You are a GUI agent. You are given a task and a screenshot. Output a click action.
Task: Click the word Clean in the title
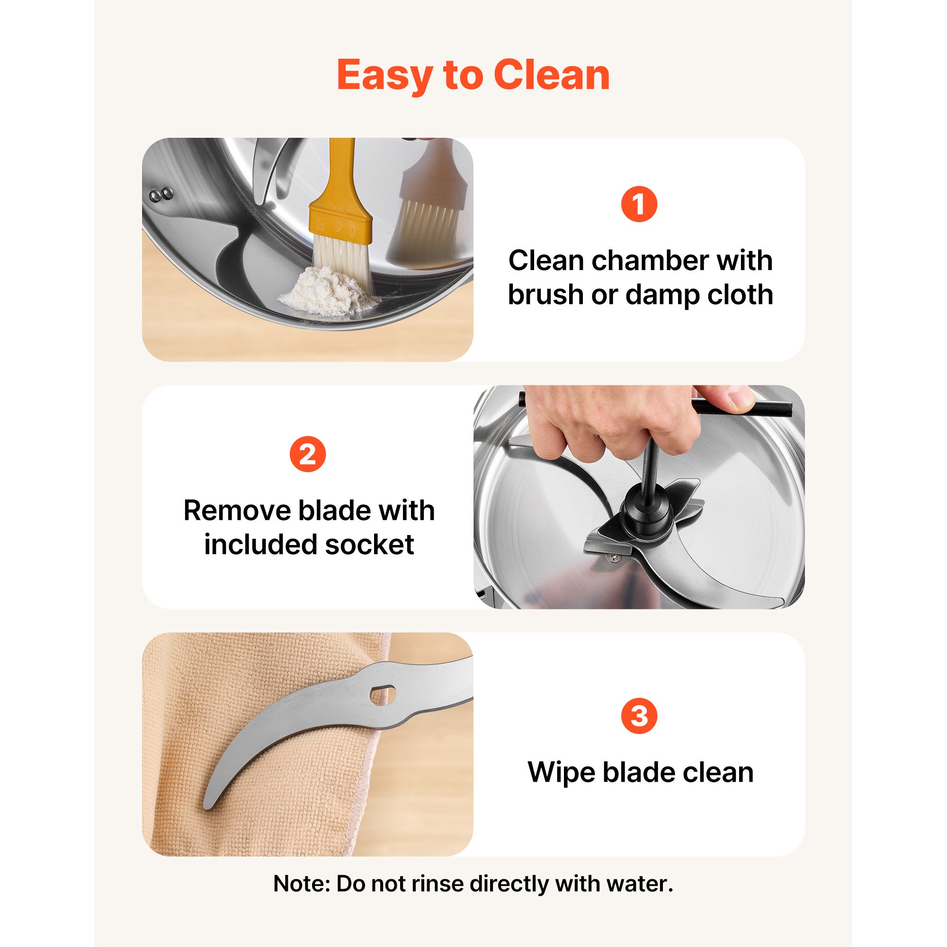[552, 75]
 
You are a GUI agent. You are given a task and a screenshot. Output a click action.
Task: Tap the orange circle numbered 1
[639, 204]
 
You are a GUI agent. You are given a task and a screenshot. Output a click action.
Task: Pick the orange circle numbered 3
[639, 716]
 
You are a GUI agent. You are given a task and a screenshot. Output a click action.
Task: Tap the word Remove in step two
[238, 511]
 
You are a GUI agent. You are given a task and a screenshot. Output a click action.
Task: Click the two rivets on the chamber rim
[161, 195]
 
